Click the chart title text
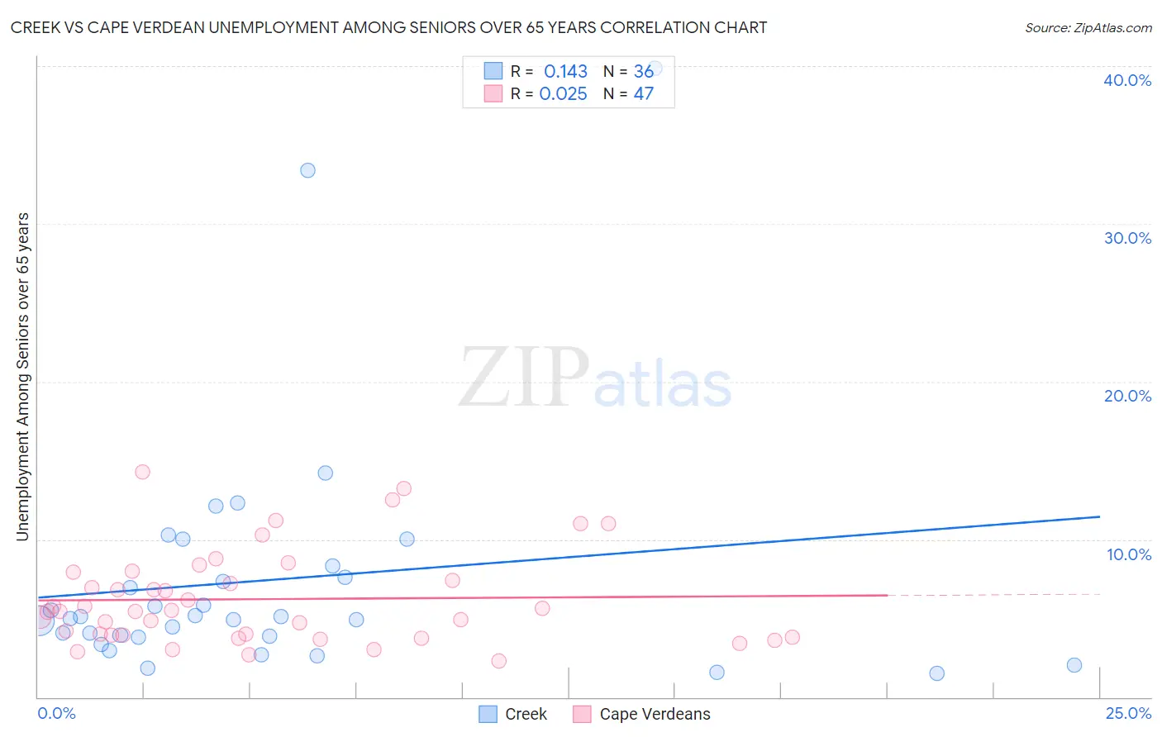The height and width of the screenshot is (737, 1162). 388,27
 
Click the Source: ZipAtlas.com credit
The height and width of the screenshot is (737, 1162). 1088,28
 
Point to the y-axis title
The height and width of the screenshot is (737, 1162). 22,377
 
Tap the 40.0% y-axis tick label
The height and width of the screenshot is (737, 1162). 1126,80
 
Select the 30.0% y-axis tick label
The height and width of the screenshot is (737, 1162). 1126,238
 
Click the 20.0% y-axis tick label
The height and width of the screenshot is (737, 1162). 1126,396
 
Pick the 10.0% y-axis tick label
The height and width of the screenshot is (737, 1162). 1128,554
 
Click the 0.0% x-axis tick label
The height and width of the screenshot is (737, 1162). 56,713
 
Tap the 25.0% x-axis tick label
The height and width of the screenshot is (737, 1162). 1127,713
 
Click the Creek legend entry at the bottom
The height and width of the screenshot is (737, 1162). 513,714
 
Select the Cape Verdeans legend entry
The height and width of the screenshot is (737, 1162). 642,714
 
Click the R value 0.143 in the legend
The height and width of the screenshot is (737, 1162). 565,72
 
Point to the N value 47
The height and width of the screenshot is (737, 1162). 643,94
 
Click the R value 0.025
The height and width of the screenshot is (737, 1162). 563,94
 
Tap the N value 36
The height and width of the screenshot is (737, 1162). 643,72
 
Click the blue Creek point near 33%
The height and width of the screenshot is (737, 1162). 307,170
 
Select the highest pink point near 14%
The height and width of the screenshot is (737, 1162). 142,472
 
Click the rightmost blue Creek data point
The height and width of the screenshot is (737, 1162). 1074,665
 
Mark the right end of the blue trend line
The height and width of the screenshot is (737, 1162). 1099,516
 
